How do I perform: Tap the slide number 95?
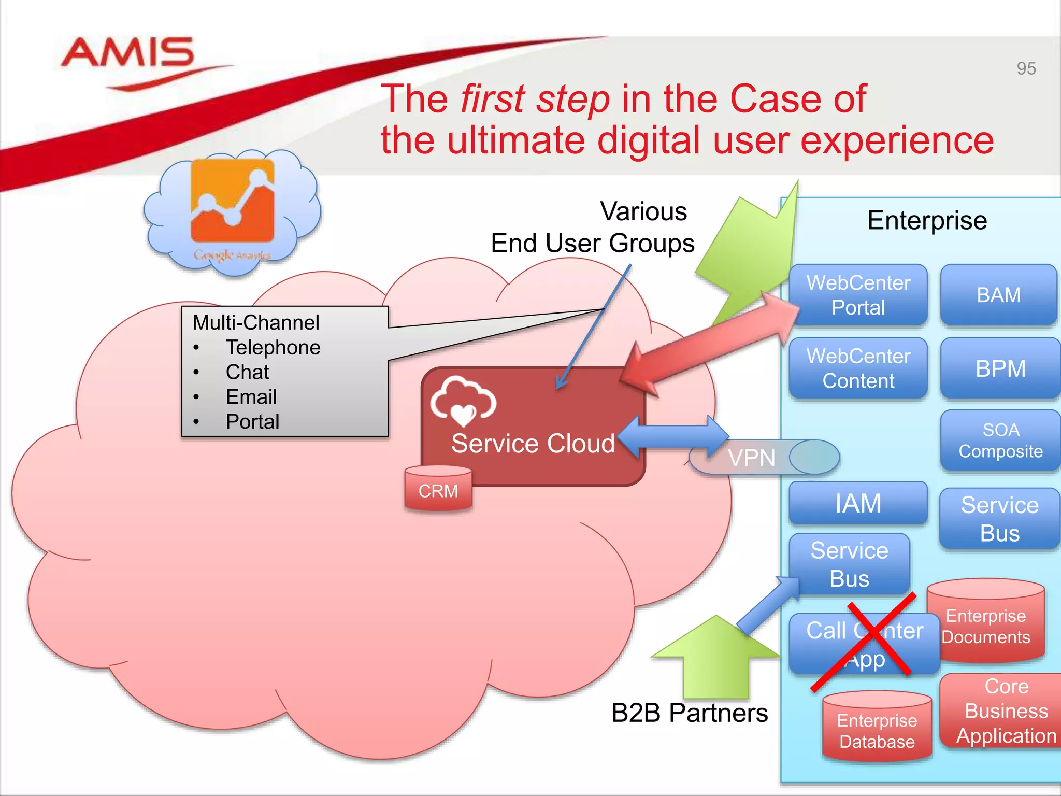(1026, 68)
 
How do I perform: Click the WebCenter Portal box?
(858, 295)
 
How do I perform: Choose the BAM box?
(998, 295)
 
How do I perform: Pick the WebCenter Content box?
(858, 368)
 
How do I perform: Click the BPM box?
(1000, 368)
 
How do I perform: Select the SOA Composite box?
(1000, 440)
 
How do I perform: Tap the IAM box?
(858, 503)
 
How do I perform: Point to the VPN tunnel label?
(751, 458)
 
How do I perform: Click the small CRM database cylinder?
(438, 489)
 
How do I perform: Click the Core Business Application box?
(1006, 711)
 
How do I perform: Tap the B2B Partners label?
(689, 713)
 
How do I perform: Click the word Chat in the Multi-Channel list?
(247, 372)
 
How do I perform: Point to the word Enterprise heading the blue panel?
(927, 220)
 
